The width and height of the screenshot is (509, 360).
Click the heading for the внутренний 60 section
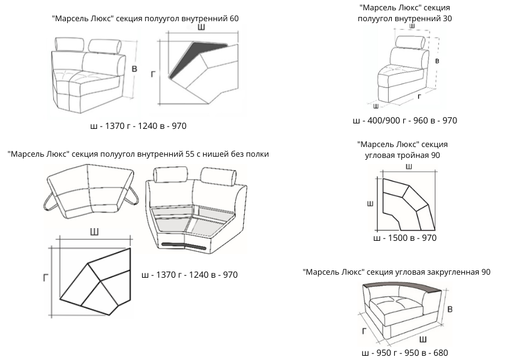point(146,18)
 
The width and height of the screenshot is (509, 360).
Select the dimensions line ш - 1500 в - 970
point(405,238)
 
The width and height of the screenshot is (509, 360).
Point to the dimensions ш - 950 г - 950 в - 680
point(404,353)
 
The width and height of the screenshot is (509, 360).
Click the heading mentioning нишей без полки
point(138,154)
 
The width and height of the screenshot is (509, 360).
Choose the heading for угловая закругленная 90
point(397,272)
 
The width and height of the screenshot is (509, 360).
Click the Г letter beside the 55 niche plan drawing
point(45,277)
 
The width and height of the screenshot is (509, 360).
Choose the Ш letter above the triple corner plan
point(409,166)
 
